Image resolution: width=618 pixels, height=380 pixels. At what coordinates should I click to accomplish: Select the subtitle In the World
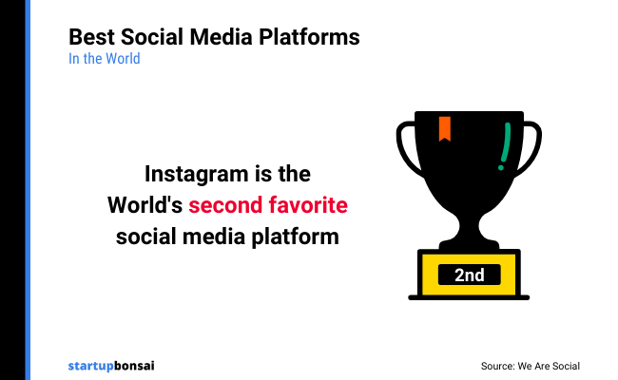pyautogui.click(x=105, y=59)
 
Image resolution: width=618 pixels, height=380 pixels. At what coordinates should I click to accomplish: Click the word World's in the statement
pyautogui.click(x=145, y=205)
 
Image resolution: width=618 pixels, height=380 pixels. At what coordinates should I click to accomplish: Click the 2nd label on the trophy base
pyautogui.click(x=469, y=275)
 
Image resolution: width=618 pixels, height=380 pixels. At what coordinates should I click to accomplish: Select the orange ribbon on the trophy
pyautogui.click(x=444, y=128)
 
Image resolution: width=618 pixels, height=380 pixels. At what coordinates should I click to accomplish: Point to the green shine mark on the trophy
pyautogui.click(x=505, y=147)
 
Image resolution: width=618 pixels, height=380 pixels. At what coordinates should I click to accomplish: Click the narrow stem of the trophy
pyautogui.click(x=469, y=228)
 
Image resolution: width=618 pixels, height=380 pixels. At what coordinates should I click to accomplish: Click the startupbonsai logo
pyautogui.click(x=111, y=365)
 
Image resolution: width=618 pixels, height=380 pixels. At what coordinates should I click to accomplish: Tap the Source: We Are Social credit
pyautogui.click(x=530, y=366)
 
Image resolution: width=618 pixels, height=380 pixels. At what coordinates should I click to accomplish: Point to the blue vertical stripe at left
pyautogui.click(x=28, y=190)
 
